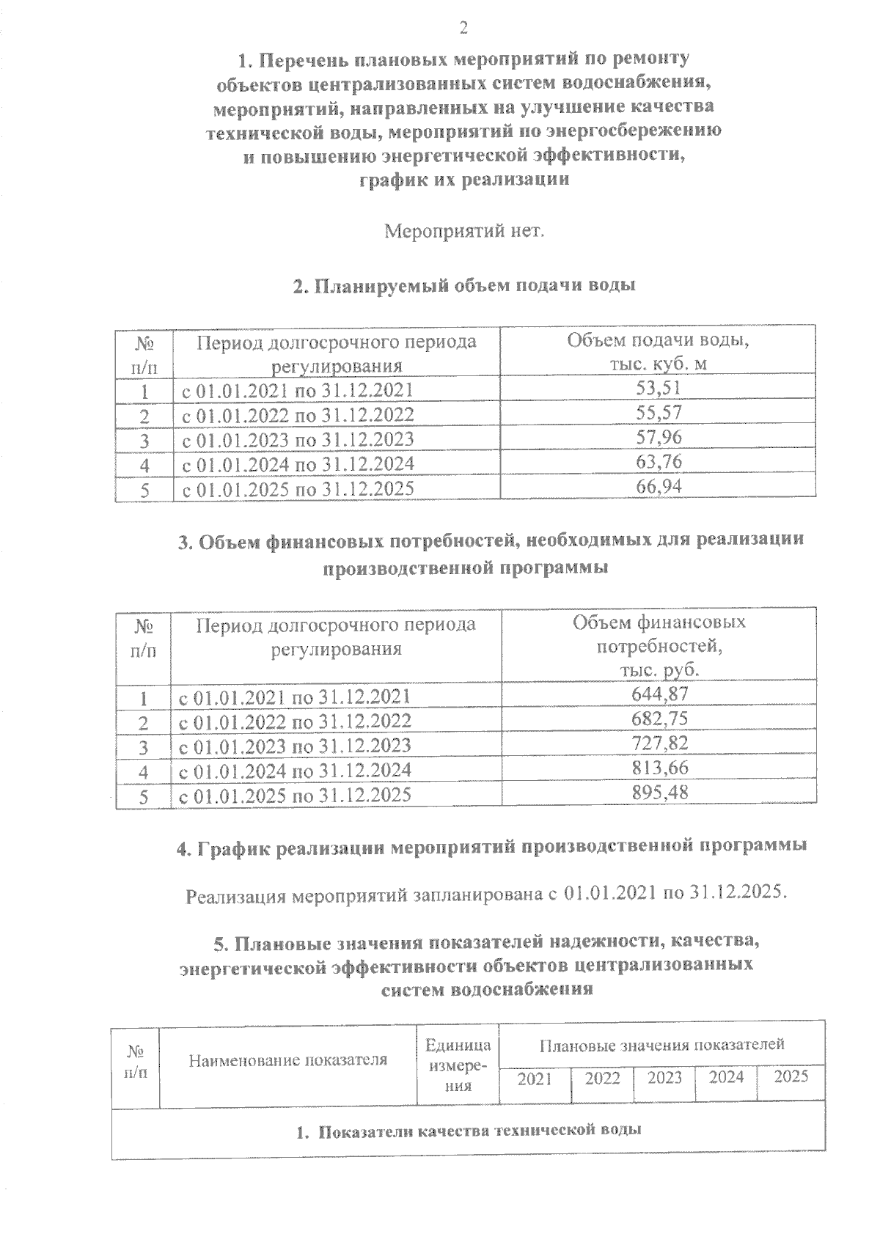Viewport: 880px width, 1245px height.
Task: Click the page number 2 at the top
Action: (463, 29)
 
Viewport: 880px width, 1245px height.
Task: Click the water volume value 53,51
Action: (659, 389)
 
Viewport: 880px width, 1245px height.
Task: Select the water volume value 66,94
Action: (659, 487)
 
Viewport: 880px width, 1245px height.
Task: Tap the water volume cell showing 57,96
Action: (659, 438)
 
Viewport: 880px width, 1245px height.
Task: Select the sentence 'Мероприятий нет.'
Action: (464, 232)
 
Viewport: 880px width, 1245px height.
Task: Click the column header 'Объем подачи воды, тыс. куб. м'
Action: (659, 352)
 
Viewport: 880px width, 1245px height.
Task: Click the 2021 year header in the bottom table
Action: (534, 1078)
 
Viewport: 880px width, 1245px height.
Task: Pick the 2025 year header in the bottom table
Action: (791, 1076)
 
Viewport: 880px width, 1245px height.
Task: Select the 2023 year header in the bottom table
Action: (664, 1078)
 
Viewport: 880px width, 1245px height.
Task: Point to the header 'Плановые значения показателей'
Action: (661, 1044)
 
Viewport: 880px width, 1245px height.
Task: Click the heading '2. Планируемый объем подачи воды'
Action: (463, 286)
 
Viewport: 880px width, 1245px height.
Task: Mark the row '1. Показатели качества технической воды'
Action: (469, 1130)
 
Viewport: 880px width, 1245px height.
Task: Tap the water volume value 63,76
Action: (659, 462)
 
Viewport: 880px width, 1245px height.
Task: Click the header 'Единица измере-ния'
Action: (458, 1065)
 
